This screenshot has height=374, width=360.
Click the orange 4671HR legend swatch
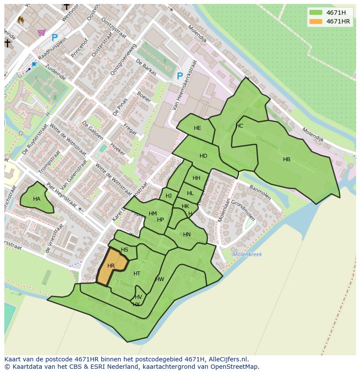316,21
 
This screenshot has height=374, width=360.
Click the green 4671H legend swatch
316,13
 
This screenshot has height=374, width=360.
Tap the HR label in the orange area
111,266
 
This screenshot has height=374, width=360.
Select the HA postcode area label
37,199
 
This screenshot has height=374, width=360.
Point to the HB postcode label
287,159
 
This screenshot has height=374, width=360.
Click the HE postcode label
197,128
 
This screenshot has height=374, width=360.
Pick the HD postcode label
203,156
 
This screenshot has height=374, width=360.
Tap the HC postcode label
240,126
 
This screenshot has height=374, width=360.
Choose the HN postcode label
187,235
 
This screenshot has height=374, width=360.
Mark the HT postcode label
137,274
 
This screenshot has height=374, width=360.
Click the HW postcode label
160,279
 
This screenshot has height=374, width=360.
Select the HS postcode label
124,250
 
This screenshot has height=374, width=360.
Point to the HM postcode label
153,214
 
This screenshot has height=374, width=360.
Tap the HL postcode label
190,193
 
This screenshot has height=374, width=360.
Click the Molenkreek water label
247,255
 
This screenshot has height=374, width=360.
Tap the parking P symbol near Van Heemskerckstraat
180,76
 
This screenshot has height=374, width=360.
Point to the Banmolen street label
260,192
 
